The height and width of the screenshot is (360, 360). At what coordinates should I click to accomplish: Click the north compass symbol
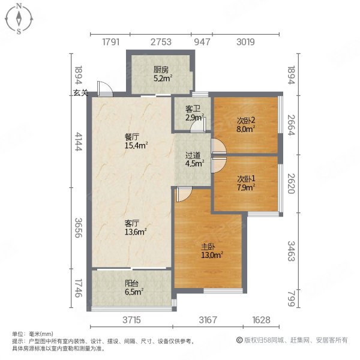(19, 19)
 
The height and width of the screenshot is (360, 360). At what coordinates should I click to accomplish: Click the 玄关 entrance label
(81, 93)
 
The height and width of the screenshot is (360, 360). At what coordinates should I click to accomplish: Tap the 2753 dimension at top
(161, 42)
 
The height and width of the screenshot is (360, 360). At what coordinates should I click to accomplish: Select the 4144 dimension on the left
(77, 142)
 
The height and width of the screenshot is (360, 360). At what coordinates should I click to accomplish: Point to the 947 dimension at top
(202, 42)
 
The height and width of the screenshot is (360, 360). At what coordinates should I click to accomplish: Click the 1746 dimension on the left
(77, 287)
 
